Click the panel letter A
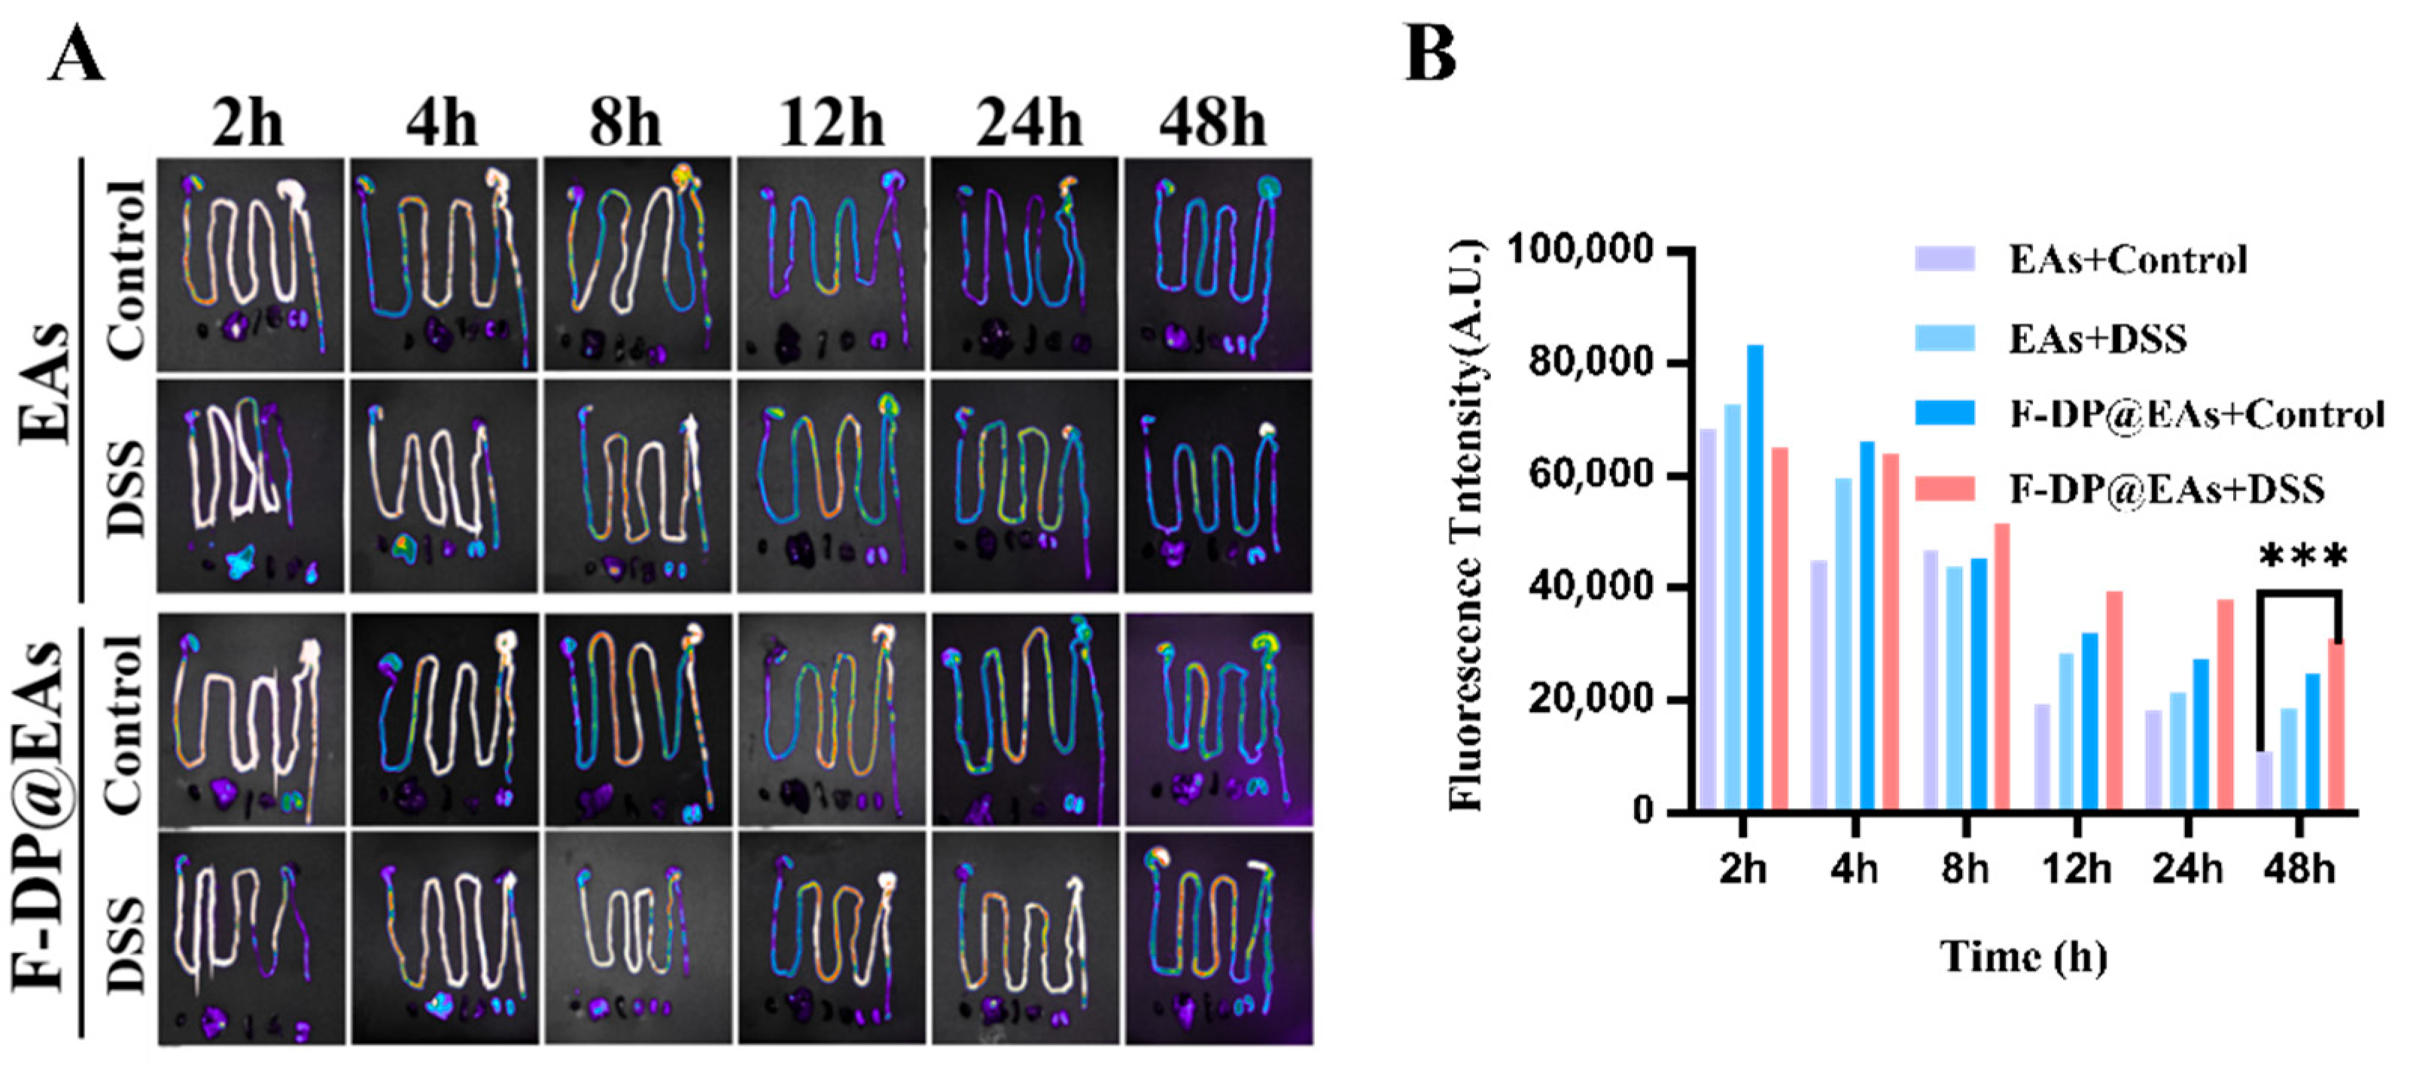77,53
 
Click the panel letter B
1430,53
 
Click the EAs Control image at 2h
250,264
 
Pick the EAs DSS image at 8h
637,485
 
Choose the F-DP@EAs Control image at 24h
1024,720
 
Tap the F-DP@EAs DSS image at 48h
1219,937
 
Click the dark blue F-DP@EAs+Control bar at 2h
1754,578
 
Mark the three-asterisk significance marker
2302,556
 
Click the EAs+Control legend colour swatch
1943,259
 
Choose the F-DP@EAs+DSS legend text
2165,489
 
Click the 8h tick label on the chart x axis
1964,869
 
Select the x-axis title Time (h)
2023,957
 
